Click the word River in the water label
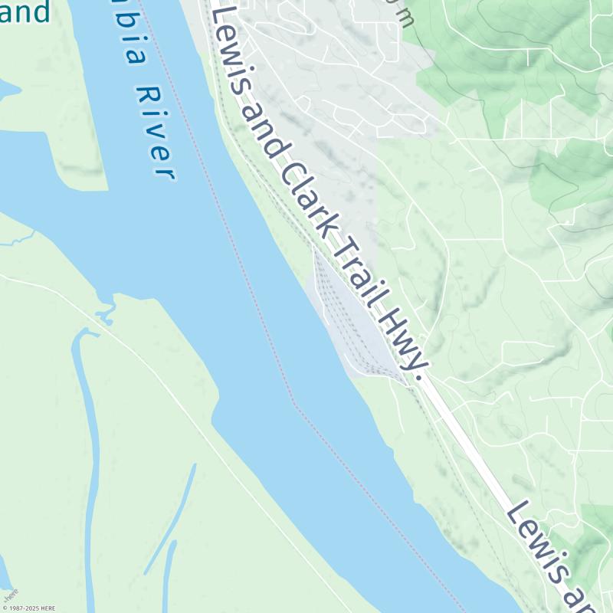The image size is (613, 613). click(x=152, y=132)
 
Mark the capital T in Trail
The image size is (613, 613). click(x=333, y=234)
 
